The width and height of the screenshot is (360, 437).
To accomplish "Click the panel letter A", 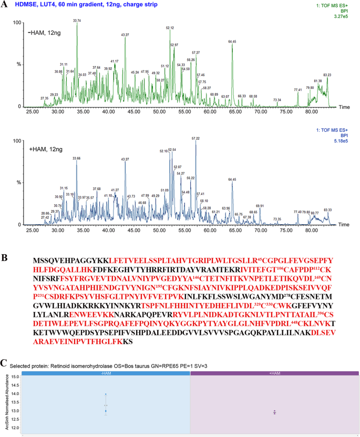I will click(5, 6).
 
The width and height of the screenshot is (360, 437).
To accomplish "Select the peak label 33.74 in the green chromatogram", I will click(77, 20).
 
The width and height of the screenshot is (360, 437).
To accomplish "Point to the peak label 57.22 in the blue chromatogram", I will click(196, 139).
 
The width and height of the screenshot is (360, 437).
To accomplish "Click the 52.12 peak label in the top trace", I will click(170, 28).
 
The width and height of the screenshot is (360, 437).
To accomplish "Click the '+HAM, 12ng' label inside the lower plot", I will click(45, 150).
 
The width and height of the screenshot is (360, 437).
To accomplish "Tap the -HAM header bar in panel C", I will click(106, 373).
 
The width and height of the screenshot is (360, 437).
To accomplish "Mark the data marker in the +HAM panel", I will click(274, 412).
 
